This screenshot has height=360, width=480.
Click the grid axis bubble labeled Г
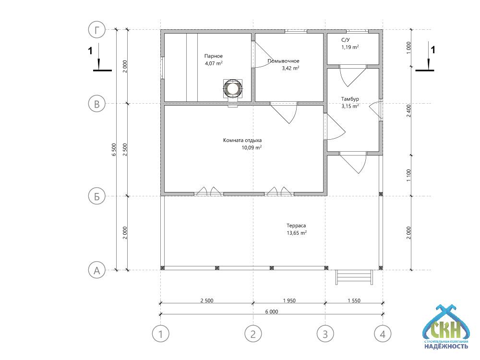click(x=97, y=30)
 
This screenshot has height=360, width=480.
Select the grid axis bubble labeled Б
click(x=97, y=196)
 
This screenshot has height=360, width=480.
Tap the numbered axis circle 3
click(x=325, y=334)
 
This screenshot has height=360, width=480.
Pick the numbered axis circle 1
click(x=161, y=334)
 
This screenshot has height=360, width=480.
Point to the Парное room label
click(x=214, y=56)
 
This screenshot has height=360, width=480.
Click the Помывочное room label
click(x=284, y=61)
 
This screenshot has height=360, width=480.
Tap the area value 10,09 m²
click(x=252, y=147)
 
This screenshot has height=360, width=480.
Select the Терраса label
click(x=296, y=226)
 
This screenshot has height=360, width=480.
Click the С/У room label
click(x=346, y=40)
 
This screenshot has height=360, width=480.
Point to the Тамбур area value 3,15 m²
click(x=350, y=106)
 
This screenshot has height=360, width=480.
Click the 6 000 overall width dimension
click(x=272, y=312)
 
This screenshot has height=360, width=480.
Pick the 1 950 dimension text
click(x=289, y=300)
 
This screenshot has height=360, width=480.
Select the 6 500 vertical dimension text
click(x=114, y=150)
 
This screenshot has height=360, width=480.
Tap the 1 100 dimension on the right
click(x=408, y=175)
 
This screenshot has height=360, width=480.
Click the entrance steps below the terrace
click(x=354, y=277)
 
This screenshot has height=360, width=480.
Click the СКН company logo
click(x=446, y=327)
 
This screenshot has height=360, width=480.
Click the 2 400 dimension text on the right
click(x=408, y=111)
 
